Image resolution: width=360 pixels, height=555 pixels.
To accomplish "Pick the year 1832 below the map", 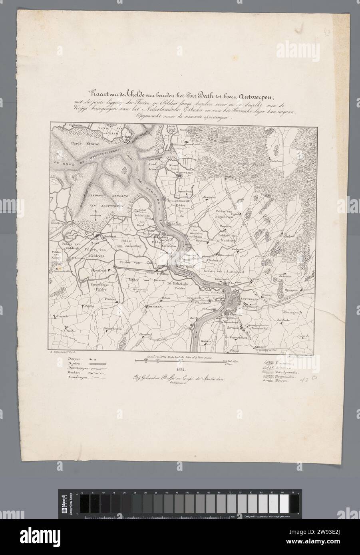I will [x=181, y=369].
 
